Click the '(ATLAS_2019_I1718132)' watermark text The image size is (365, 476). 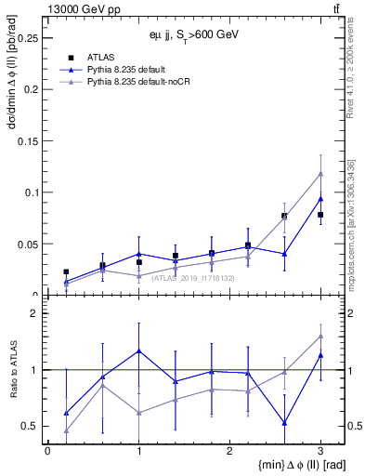pyautogui.click(x=193, y=277)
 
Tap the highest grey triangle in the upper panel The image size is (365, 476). pyautogui.click(x=319, y=173)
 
